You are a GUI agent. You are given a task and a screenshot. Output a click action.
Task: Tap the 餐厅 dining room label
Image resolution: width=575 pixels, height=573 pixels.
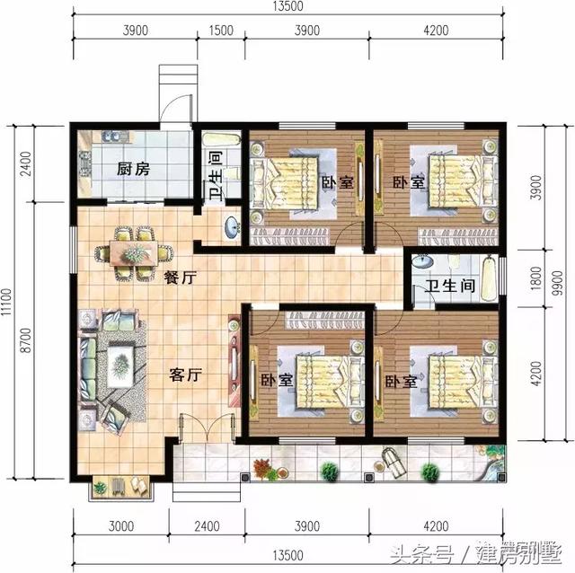(x=181, y=278)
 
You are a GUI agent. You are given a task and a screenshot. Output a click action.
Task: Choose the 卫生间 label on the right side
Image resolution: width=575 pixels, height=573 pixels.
(x=450, y=286)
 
